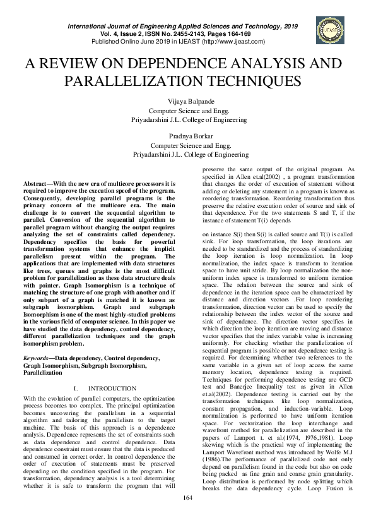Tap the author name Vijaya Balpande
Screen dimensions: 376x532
(x=188, y=102)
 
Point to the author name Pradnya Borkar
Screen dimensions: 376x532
(x=188, y=136)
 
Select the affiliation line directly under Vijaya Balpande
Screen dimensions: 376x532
(x=188, y=110)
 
